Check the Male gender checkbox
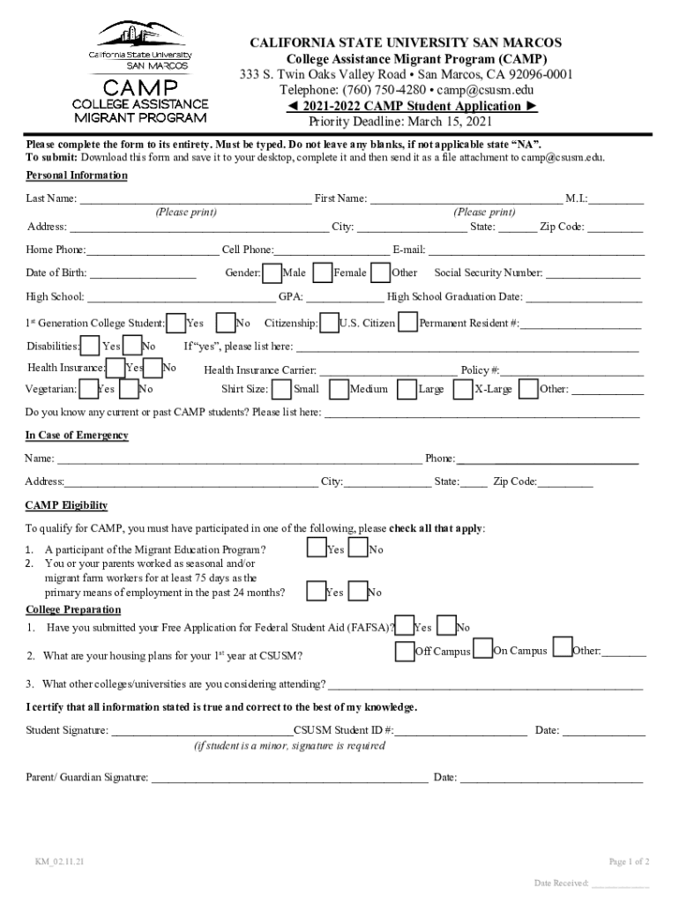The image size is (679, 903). tap(272, 272)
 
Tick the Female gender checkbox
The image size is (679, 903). tap(323, 272)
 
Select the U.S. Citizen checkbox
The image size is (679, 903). tap(330, 323)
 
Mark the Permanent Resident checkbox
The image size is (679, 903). tap(407, 323)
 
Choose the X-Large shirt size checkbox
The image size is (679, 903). tap(463, 388)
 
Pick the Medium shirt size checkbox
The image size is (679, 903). tap(339, 388)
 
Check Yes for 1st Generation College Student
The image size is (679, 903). tap(176, 323)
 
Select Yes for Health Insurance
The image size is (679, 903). tap(116, 367)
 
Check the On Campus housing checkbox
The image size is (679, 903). tap(482, 650)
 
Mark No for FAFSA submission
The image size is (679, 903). tap(447, 626)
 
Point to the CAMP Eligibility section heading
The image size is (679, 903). tap(66, 505)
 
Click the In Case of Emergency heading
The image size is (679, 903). tap(77, 436)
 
